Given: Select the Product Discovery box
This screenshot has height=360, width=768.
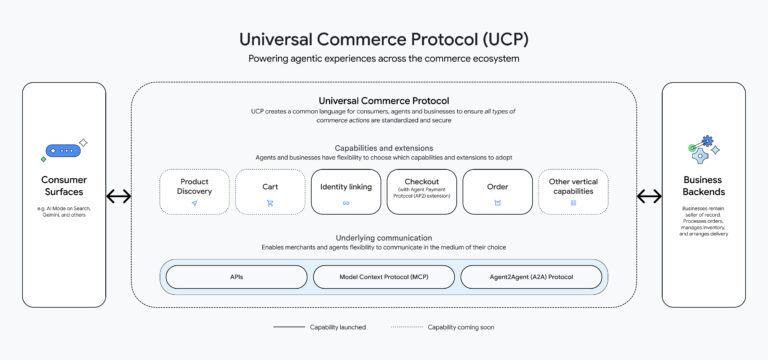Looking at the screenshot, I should pos(194,191).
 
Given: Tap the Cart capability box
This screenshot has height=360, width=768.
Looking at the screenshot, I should pos(270,191).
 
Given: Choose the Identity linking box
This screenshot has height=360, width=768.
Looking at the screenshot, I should pos(346,191).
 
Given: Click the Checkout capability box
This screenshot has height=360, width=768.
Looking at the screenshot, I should pos(421,191).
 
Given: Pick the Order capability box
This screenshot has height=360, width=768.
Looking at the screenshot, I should pos(497,191).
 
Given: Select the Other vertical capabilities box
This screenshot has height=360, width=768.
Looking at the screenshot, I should pos(573,191).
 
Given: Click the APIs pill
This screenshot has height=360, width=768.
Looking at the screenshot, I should pos(236,277).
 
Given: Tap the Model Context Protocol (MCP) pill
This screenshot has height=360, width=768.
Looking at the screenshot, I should pos(383,277).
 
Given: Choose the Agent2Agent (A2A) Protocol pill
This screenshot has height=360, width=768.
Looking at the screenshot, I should pos(531,277).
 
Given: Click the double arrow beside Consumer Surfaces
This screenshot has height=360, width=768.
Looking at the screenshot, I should pos(118,196).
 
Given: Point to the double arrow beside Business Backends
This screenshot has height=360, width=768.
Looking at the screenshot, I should pos(649,196).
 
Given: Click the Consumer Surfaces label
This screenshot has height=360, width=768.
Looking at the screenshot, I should pos(63,186).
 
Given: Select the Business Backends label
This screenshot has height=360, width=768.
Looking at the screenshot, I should pos(703,186).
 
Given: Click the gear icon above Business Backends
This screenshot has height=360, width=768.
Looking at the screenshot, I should pos(708,143).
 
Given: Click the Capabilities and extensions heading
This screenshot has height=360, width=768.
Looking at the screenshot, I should pos(383,148).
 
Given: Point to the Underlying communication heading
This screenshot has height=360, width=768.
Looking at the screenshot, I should pos(383,236).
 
